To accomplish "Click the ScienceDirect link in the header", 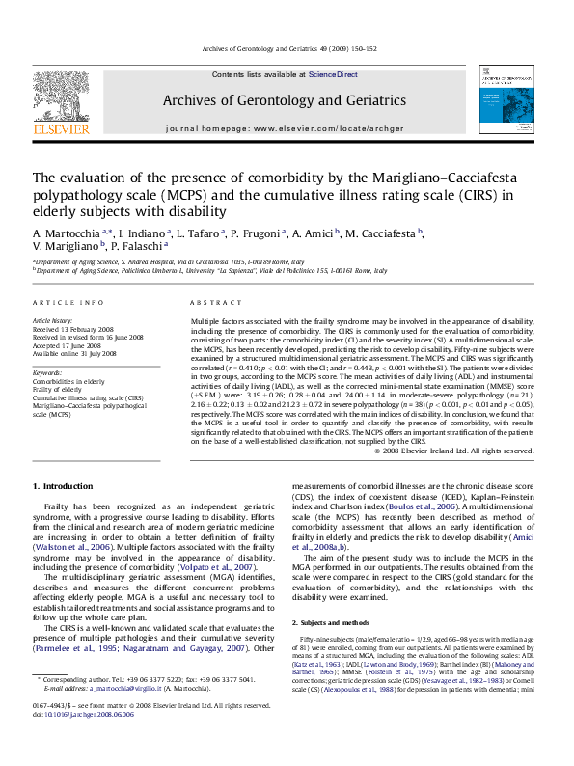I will (333, 74).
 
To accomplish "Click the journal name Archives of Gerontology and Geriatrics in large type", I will (285, 100).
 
